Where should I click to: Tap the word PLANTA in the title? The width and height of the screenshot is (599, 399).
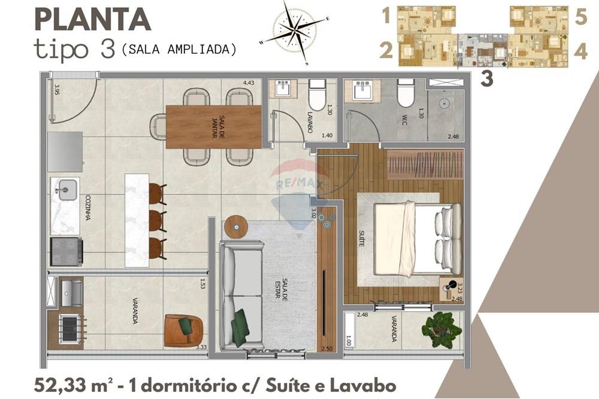[92, 20]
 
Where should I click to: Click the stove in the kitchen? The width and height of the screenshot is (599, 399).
[66, 251]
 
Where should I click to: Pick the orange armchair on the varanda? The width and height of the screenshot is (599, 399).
[183, 330]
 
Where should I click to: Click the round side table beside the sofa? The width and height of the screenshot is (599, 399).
[235, 226]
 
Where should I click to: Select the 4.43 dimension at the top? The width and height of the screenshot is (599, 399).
[249, 83]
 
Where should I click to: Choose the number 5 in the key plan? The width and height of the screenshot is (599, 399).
[580, 17]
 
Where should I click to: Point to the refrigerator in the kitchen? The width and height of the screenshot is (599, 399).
[65, 151]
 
